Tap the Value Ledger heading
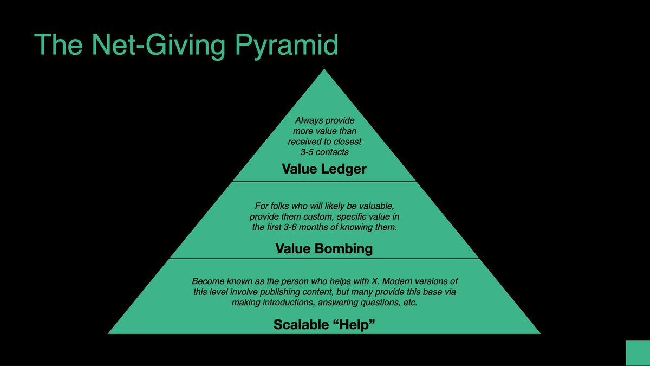(324, 169)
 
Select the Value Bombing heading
(324, 248)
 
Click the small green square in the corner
(638, 353)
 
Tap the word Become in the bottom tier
(207, 282)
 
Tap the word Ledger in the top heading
(343, 169)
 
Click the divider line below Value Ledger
(324, 181)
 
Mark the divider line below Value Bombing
(324, 259)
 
